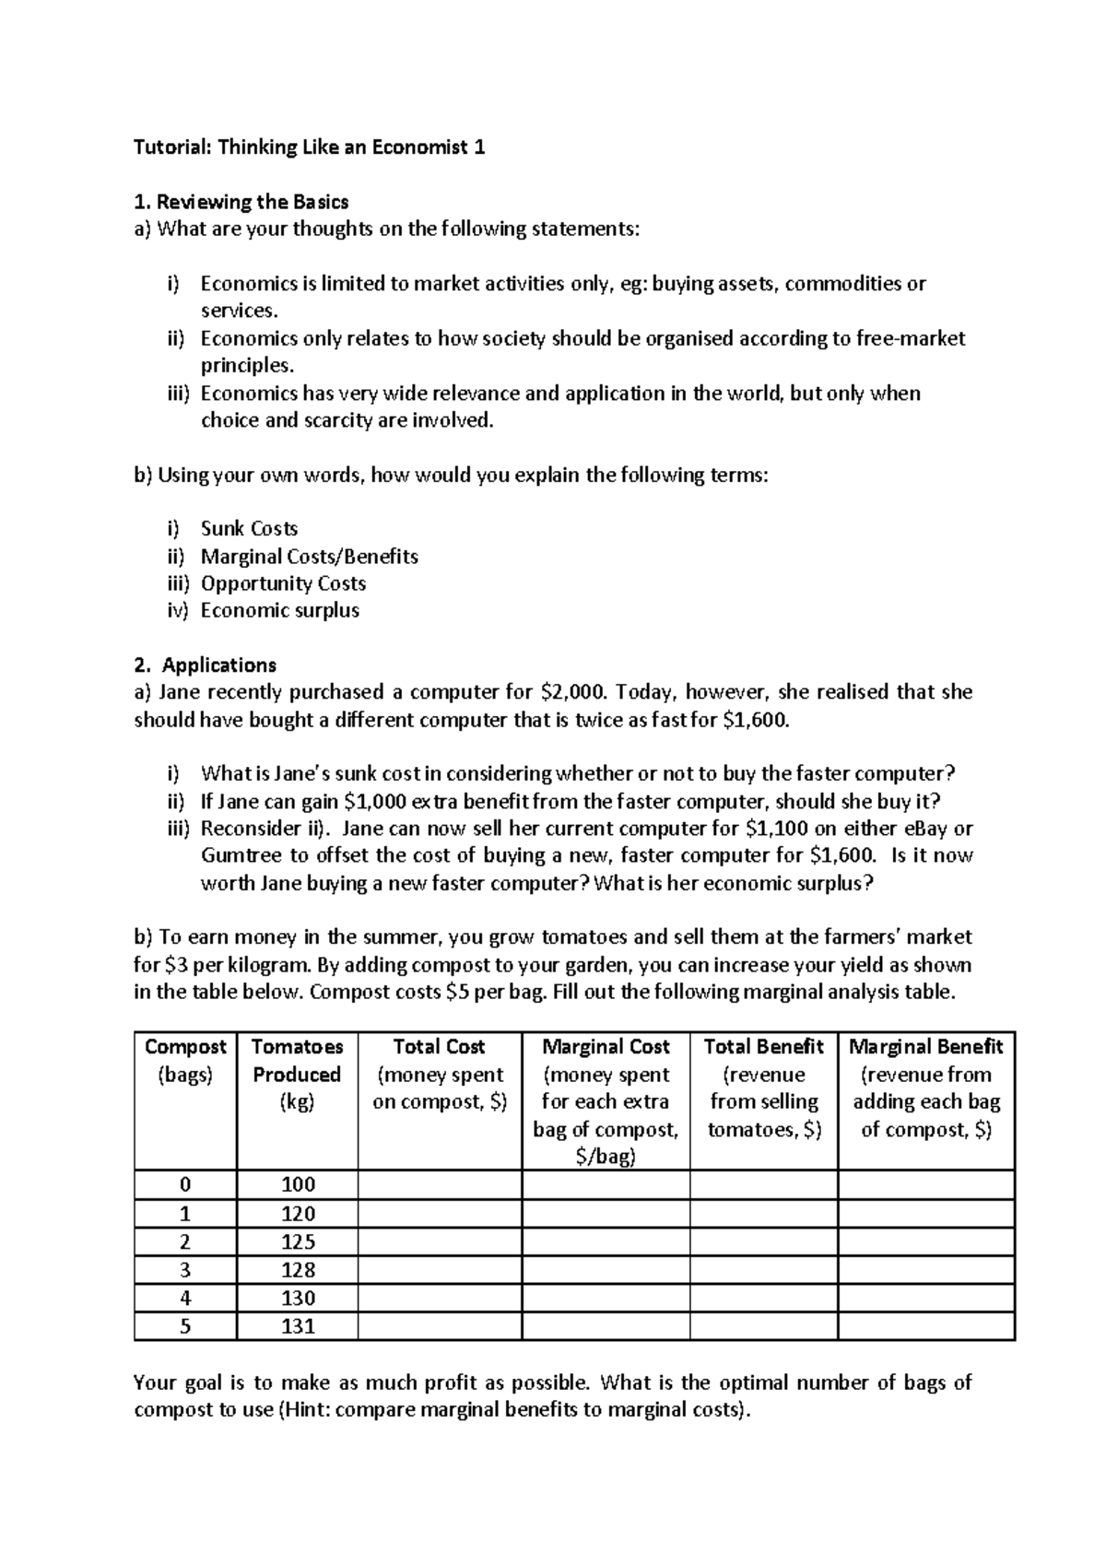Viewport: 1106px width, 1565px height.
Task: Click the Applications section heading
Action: (x=218, y=665)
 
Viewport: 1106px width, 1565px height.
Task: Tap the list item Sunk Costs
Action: (x=249, y=529)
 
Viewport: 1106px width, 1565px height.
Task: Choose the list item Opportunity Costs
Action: (x=283, y=583)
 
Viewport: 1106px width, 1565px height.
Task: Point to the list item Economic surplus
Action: (x=279, y=610)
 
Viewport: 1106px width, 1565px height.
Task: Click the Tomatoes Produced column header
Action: (x=297, y=1074)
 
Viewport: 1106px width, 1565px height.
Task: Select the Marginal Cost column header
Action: (x=606, y=1047)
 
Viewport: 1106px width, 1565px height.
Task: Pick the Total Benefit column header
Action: (x=763, y=1047)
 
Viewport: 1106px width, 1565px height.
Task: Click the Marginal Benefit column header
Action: (x=925, y=1047)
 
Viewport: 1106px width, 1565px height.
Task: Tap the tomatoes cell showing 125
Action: (x=297, y=1241)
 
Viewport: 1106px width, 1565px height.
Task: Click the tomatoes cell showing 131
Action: (x=297, y=1326)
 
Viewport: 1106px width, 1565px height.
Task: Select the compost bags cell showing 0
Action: (x=185, y=1184)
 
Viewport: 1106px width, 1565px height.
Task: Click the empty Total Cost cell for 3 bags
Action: (x=440, y=1270)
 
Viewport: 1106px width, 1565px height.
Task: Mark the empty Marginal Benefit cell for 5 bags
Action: (x=925, y=1326)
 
